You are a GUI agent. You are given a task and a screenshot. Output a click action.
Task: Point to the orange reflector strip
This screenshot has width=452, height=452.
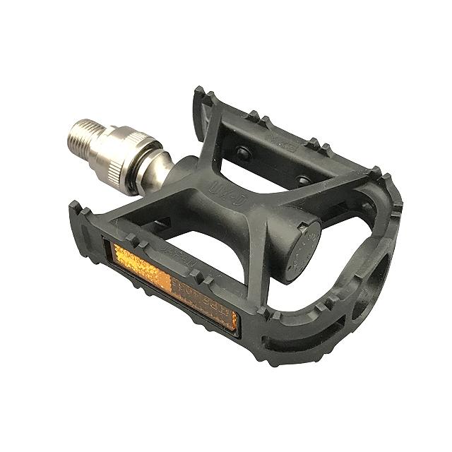pyautogui.click(x=174, y=280)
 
